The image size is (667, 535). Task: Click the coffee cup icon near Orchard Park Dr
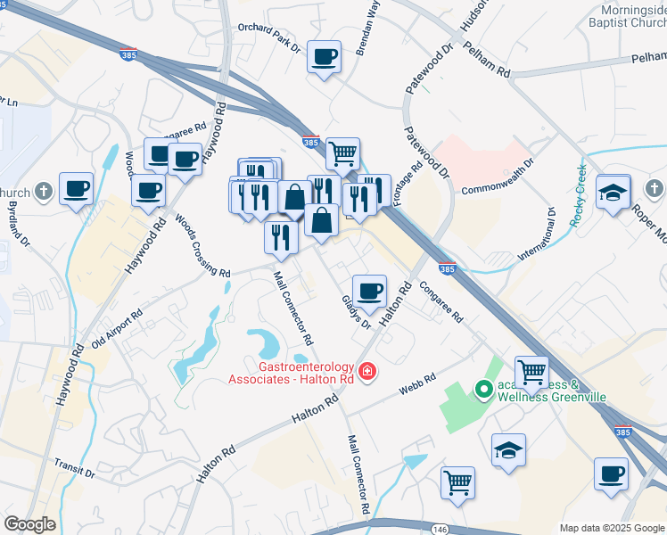pos(324,58)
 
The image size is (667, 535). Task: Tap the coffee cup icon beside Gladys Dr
pos(369,291)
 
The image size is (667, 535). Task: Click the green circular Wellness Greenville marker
pos(484,389)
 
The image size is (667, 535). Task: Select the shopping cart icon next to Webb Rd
pos(531,370)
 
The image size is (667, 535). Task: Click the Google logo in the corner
pos(29,524)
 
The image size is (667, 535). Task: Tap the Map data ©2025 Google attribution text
pos(612,528)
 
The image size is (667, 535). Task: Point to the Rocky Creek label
pos(578,193)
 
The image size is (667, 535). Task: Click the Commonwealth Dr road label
pos(498,177)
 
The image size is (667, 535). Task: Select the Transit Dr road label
pos(74,468)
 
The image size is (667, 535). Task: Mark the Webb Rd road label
pos(416,384)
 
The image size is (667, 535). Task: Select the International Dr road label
pos(534,235)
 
